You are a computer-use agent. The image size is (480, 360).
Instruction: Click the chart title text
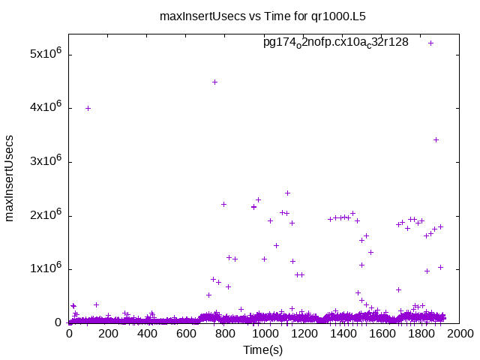pyautogui.click(x=262, y=15)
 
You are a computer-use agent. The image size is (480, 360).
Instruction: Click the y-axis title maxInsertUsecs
pyautogui.click(x=10, y=178)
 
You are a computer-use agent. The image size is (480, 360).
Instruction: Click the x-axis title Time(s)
pyautogui.click(x=262, y=349)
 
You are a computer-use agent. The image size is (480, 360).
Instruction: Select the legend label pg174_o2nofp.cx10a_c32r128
pyautogui.click(x=335, y=42)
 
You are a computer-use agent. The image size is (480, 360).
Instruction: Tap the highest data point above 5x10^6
pyautogui.click(x=431, y=43)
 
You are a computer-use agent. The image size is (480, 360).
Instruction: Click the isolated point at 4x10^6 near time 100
pyautogui.click(x=88, y=108)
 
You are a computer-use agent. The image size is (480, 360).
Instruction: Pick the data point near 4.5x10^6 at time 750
pyautogui.click(x=215, y=82)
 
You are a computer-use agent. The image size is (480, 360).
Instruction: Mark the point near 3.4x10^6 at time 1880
pyautogui.click(x=436, y=139)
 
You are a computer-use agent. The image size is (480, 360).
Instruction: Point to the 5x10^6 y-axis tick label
pyautogui.click(x=44, y=55)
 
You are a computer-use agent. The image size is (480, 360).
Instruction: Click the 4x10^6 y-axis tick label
pyautogui.click(x=44, y=108)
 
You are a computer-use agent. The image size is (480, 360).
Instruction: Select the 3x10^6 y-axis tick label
pyautogui.click(x=44, y=162)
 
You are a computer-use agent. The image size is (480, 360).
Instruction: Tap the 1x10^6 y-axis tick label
pyautogui.click(x=44, y=269)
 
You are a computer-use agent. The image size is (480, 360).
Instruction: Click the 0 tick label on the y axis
pyautogui.click(x=57, y=323)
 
